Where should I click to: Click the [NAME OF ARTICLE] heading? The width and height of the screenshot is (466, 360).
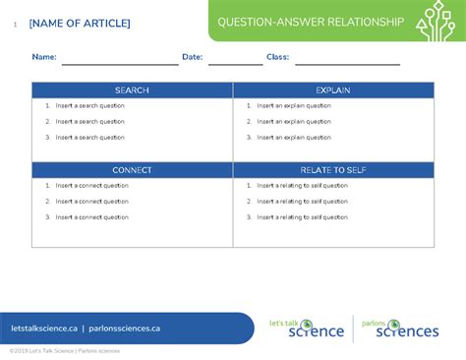[x=79, y=23]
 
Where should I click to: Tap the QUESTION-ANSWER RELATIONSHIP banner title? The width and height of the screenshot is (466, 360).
[x=310, y=22]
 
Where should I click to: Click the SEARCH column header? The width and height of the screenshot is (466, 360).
[x=132, y=90]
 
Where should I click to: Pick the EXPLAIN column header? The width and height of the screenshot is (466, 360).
[x=333, y=90]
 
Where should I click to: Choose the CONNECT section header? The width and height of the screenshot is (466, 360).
[x=132, y=170]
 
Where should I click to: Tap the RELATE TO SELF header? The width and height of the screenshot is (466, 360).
[x=333, y=170]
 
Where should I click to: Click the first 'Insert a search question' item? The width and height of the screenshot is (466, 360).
[x=89, y=105]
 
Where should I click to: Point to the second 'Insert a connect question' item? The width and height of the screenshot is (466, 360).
[x=91, y=201]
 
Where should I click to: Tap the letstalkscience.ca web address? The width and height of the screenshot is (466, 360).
[x=43, y=329]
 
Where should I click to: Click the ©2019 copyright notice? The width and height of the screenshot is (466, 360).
[x=64, y=351]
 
